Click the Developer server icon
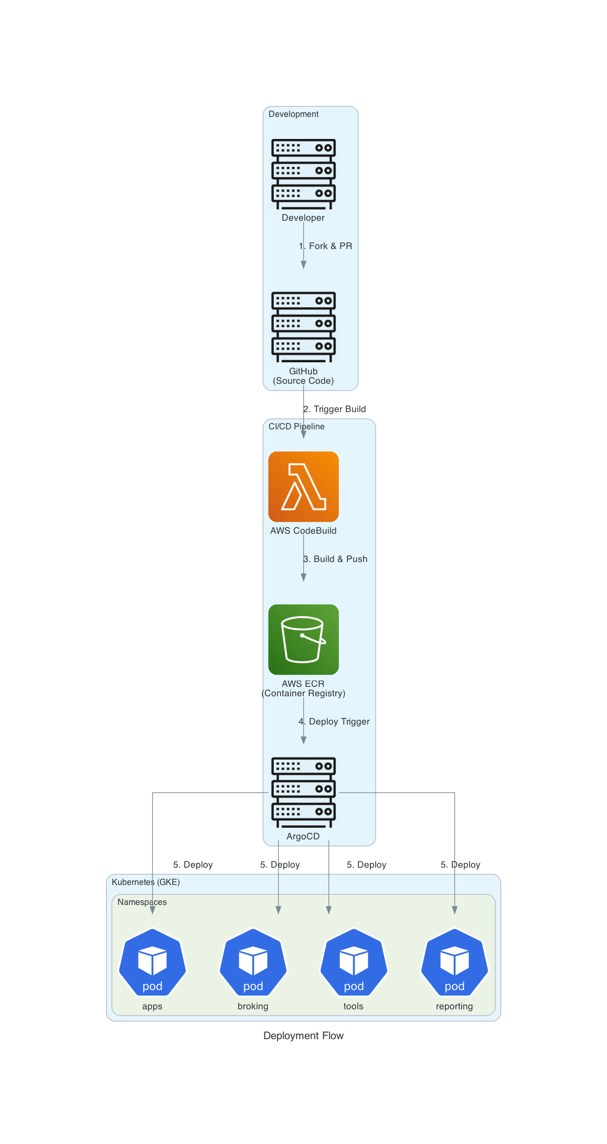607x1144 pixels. point(303,174)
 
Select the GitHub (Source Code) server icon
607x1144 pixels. point(303,327)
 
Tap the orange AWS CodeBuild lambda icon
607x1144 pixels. point(303,486)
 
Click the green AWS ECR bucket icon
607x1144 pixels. point(303,639)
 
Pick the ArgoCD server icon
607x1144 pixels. point(303,792)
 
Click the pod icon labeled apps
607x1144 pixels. point(152,963)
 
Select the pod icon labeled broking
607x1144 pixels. point(253,963)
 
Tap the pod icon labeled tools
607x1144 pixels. point(354,963)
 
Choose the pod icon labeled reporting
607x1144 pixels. point(454,963)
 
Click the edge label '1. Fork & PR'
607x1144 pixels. point(325,246)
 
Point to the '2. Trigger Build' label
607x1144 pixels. point(334,409)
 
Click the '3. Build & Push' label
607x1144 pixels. point(335,559)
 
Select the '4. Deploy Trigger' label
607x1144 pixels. point(334,721)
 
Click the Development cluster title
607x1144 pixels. point(293,114)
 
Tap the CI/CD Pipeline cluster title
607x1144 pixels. point(296,426)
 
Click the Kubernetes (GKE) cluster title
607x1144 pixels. point(145,882)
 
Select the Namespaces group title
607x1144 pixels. point(142,902)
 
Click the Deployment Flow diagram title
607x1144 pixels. point(303,1035)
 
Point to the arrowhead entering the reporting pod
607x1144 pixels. point(454,910)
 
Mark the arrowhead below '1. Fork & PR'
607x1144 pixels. point(303,265)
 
